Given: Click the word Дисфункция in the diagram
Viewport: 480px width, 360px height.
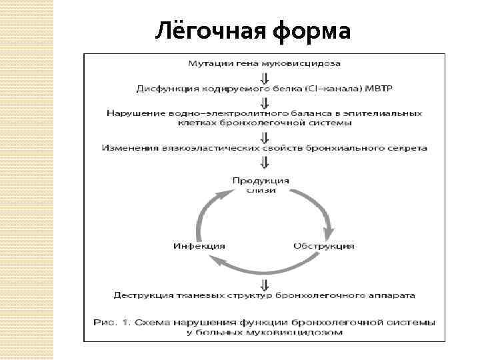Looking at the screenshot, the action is click(166, 88).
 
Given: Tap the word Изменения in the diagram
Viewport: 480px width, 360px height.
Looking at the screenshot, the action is click(126, 147).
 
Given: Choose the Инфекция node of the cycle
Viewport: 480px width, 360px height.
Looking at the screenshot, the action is click(199, 245).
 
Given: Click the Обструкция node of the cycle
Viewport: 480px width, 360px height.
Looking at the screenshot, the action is click(324, 245).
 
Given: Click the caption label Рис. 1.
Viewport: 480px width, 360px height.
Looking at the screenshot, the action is click(113, 322).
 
